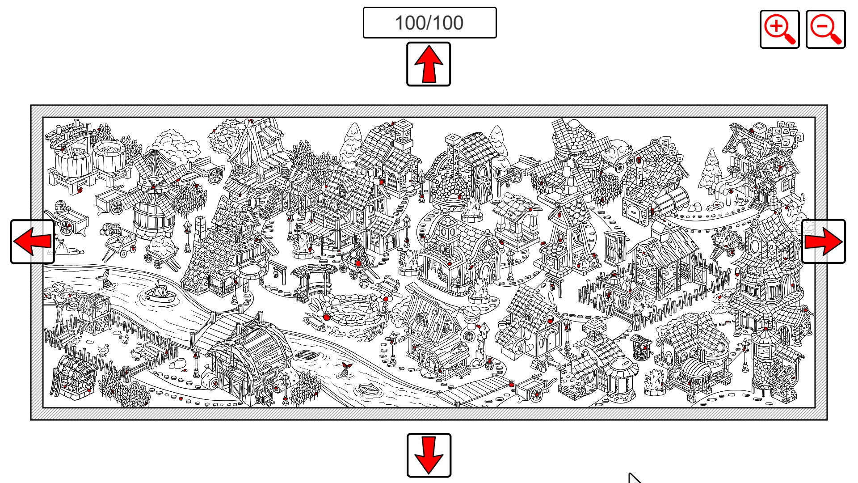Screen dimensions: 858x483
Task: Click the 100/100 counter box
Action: point(429,23)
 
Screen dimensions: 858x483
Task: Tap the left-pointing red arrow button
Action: point(33,241)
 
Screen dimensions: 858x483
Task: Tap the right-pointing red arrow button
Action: point(824,241)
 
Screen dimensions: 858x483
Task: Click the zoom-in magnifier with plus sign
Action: point(779,30)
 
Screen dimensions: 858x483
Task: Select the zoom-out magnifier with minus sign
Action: point(825,30)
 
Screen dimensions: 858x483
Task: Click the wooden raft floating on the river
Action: point(308,356)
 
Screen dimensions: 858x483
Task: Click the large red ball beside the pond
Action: point(327,317)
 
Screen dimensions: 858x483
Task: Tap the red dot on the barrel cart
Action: point(358,264)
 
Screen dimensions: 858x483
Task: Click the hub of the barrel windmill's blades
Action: point(153,187)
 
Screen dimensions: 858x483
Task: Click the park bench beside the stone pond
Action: point(388,283)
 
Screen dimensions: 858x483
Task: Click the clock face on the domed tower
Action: point(449,232)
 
